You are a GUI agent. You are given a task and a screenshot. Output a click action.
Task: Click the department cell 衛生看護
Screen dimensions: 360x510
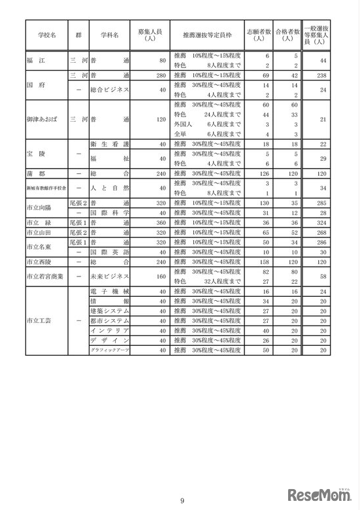point(108,144)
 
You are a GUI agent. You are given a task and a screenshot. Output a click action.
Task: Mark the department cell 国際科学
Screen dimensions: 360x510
point(108,212)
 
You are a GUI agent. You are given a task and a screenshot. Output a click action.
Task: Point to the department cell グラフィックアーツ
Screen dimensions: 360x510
point(108,350)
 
